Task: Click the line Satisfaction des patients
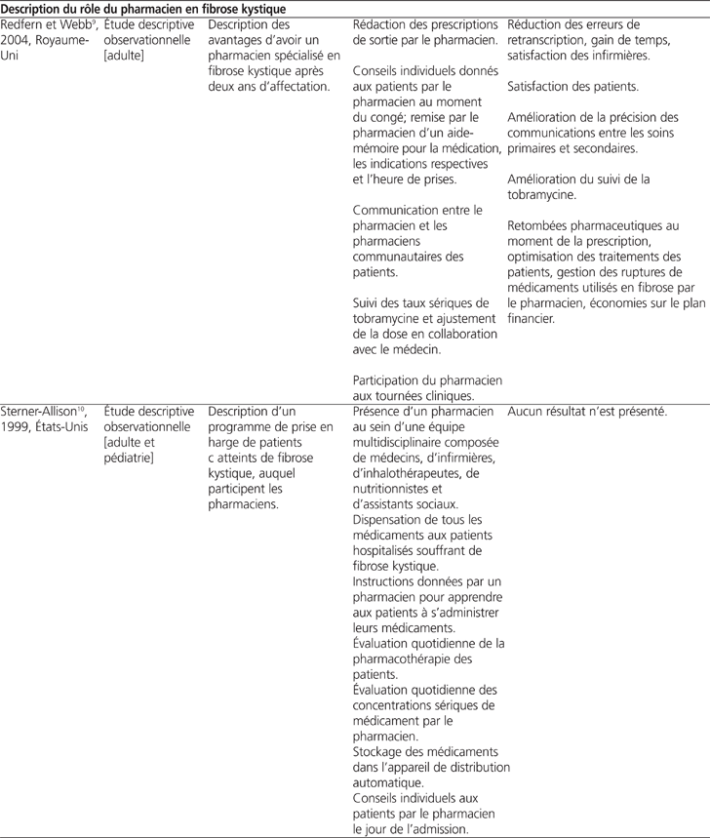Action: pos(573,88)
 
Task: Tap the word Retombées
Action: pos(539,228)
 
